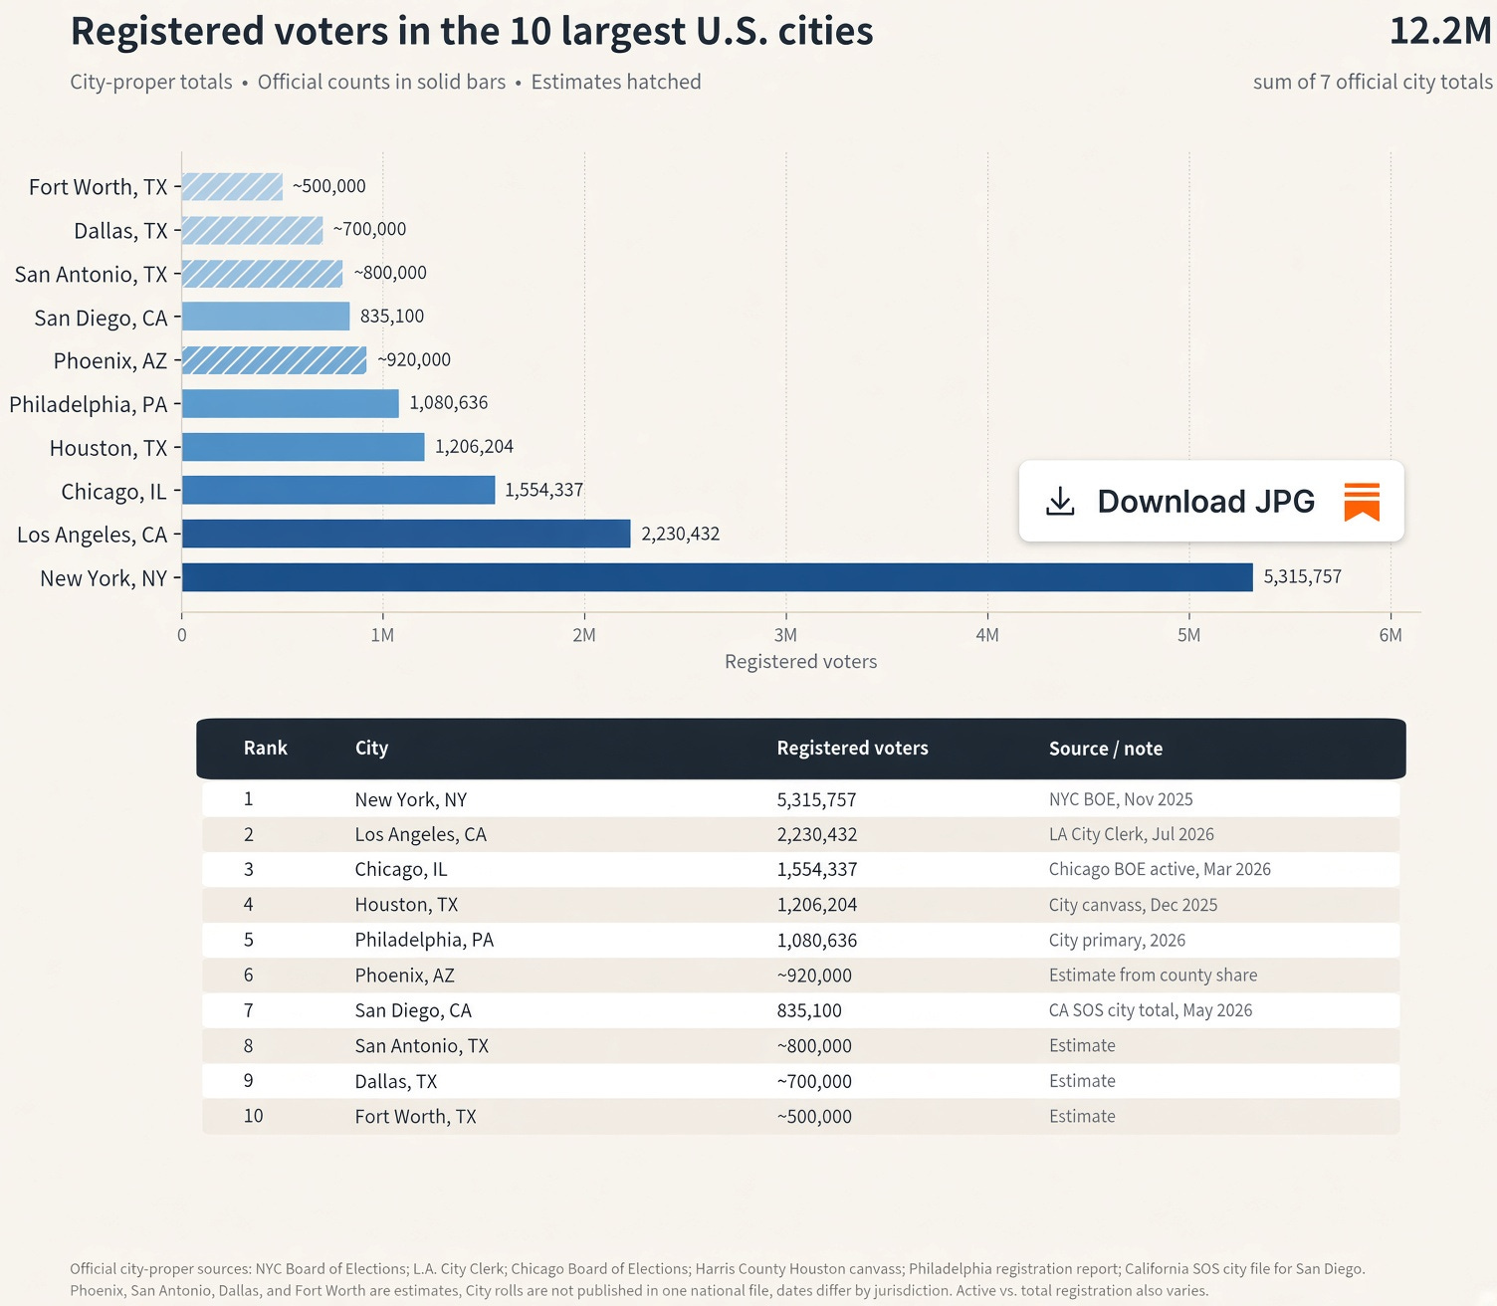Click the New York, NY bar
(717, 577)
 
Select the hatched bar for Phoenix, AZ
(275, 360)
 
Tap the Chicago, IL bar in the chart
(338, 490)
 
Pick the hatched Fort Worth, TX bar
(233, 186)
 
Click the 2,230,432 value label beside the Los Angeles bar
(681, 535)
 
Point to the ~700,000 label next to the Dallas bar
(369, 230)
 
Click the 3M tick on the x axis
(785, 635)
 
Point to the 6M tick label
(1390, 635)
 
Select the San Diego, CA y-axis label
(101, 319)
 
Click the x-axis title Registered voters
(800, 661)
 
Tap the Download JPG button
(1211, 501)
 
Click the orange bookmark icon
(1362, 501)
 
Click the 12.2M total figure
(1440, 32)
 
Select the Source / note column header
(1106, 749)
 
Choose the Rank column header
(265, 748)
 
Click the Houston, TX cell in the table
(406, 905)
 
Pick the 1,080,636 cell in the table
(816, 940)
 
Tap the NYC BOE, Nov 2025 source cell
(1120, 799)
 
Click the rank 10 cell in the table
(253, 1116)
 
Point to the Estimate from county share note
(1153, 976)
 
